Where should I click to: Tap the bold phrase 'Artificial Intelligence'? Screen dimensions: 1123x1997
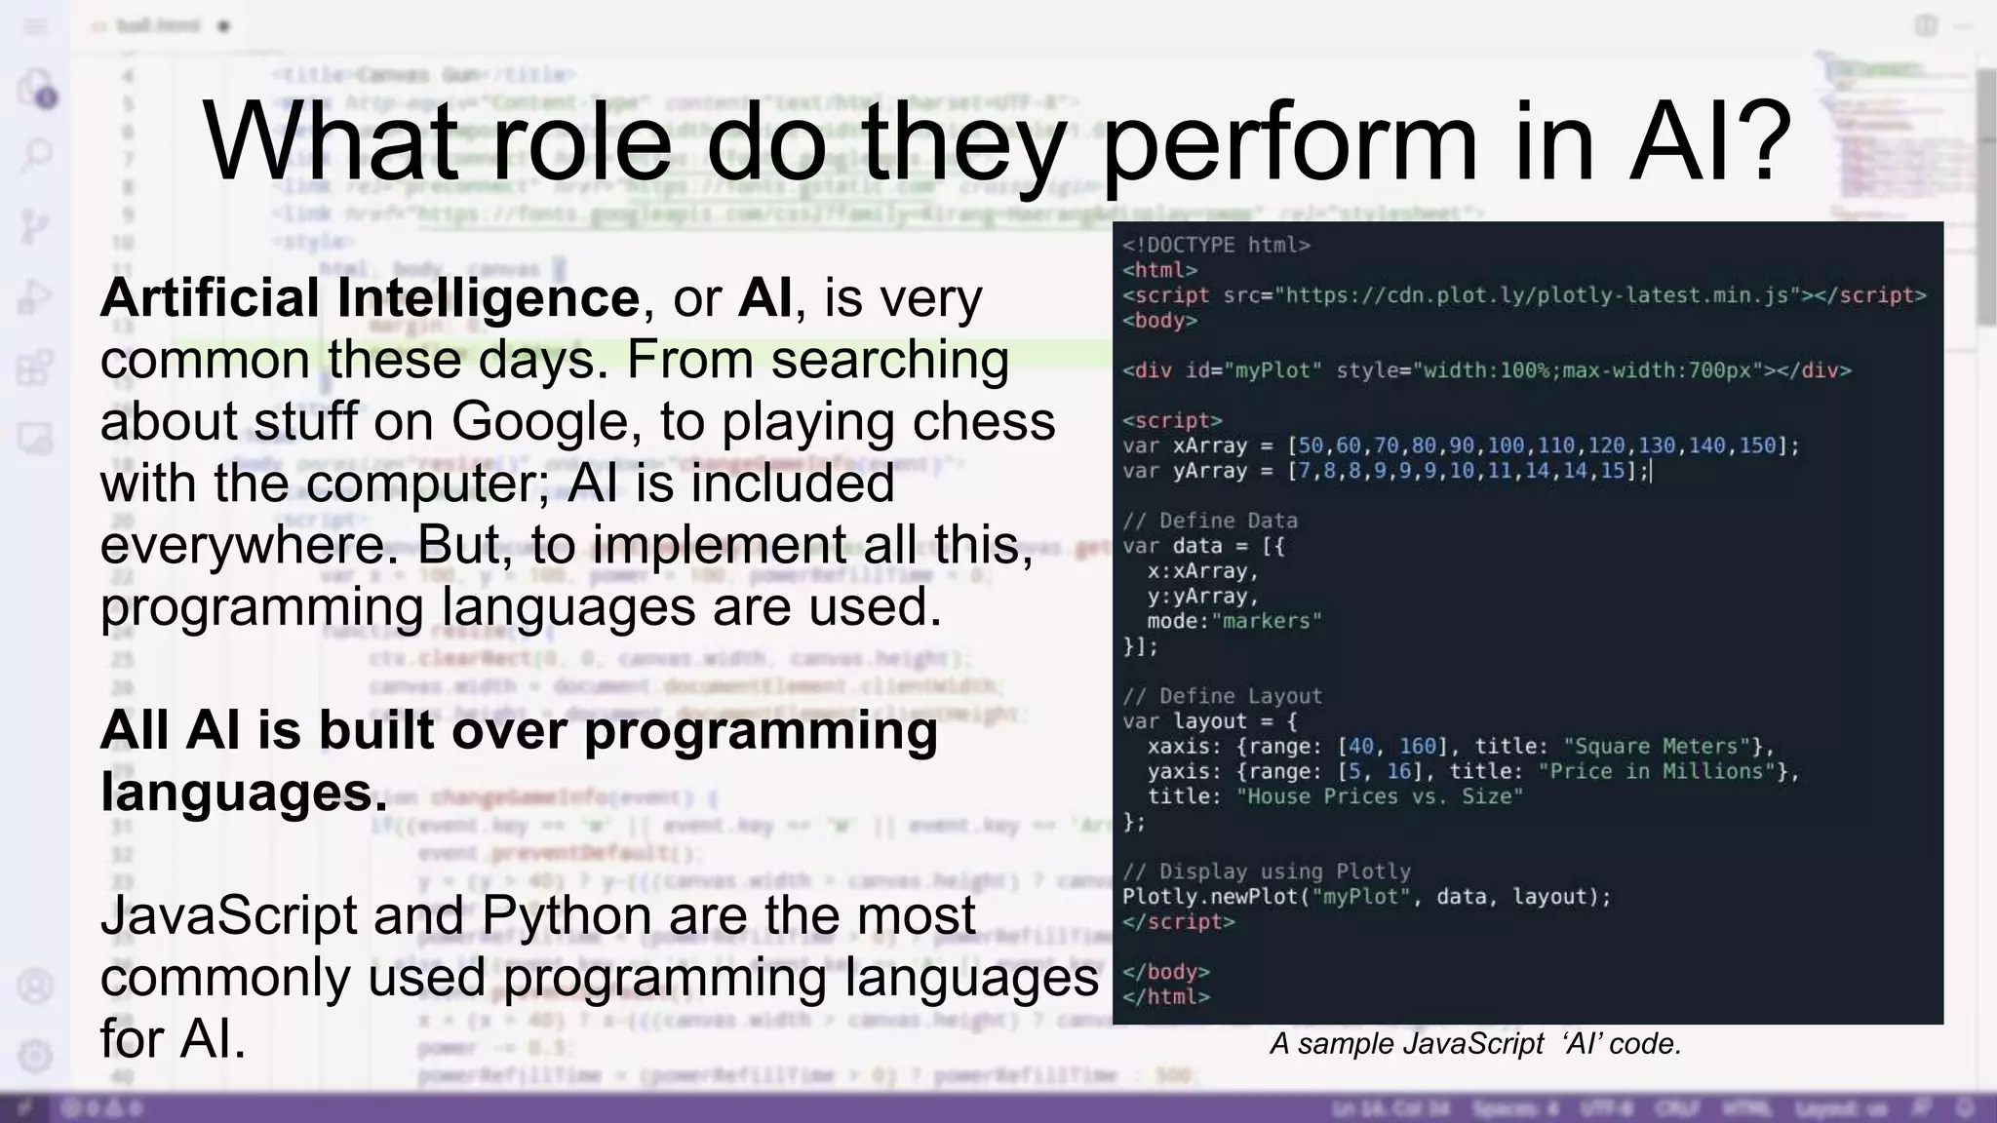tap(370, 297)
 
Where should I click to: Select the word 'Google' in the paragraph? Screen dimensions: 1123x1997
tap(540, 421)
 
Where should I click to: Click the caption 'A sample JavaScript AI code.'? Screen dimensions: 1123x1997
tap(1475, 1044)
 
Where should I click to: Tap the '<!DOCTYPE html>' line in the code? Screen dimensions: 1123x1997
tap(1216, 245)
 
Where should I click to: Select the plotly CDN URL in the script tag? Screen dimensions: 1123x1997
tap(1539, 295)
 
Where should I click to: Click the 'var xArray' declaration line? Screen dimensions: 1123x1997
tap(1460, 445)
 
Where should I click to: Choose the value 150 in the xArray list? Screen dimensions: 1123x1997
tap(1757, 445)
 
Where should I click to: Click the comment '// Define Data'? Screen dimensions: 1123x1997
tap(1209, 521)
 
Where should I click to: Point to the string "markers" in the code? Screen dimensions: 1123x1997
tap(1267, 621)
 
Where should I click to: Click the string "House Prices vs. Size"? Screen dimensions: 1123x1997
tap(1379, 796)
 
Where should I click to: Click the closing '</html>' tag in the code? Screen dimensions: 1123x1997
tap(1166, 997)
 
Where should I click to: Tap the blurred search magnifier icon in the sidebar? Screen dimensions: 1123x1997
tap(36, 154)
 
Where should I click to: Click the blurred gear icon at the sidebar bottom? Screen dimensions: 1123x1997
tap(35, 1056)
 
